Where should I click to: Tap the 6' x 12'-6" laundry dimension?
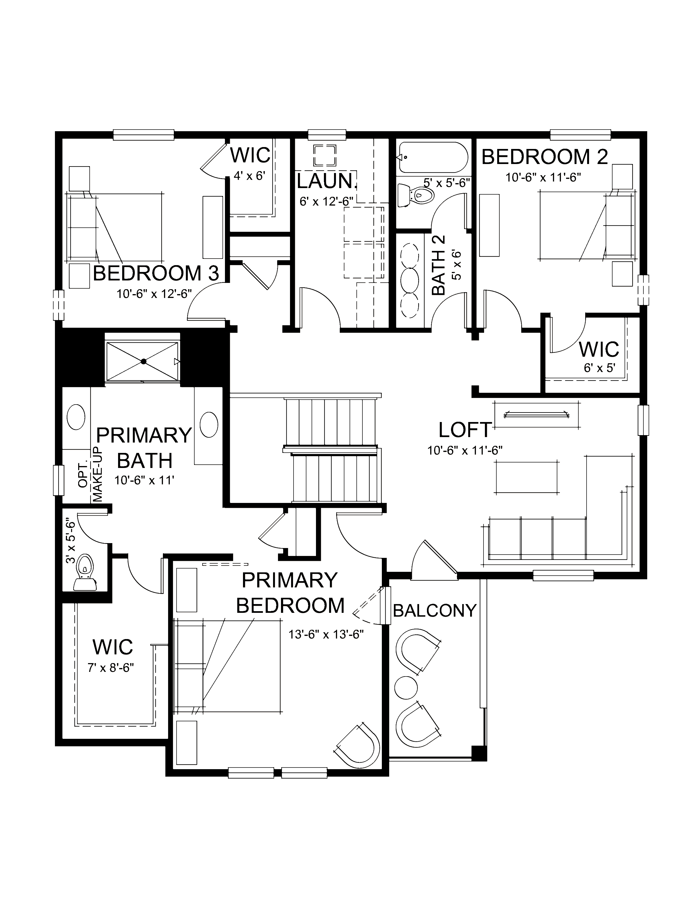326,201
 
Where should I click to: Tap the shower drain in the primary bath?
143,361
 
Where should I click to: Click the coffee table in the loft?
527,477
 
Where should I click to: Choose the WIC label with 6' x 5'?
599,349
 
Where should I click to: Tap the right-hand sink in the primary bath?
209,424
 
